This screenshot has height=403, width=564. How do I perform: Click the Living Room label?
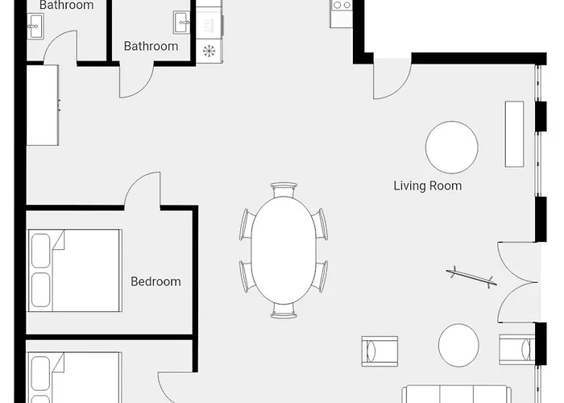pyautogui.click(x=427, y=185)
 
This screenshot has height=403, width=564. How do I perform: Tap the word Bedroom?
pyautogui.click(x=156, y=281)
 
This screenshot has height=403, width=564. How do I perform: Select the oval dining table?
pyautogui.click(x=284, y=251)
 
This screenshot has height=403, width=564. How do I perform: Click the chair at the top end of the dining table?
pyautogui.click(x=284, y=189)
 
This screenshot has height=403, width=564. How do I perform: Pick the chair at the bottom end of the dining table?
pyautogui.click(x=284, y=310)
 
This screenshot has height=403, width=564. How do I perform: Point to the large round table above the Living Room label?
pyautogui.click(x=452, y=147)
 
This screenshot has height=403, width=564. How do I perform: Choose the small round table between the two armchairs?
pyautogui.click(x=458, y=345)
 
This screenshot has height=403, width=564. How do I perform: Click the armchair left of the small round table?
pyautogui.click(x=379, y=351)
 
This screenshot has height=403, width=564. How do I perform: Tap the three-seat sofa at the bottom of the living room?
pyautogui.click(x=457, y=394)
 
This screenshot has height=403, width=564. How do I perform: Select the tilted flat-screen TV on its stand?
pyautogui.click(x=471, y=277)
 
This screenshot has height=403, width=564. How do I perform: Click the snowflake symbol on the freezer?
pyautogui.click(x=209, y=51)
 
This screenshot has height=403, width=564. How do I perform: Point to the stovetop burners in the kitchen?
pyautogui.click(x=342, y=5)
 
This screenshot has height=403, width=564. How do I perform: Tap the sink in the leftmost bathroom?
pyautogui.click(x=35, y=27)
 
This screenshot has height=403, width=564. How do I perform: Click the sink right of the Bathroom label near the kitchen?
pyautogui.click(x=181, y=23)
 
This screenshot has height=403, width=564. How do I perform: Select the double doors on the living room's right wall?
pyautogui.click(x=517, y=282)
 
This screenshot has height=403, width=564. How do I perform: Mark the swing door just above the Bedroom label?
pyautogui.click(x=143, y=191)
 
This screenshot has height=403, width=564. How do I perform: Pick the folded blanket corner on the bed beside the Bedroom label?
pyautogui.click(x=58, y=239)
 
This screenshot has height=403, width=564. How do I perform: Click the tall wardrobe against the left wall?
pyautogui.click(x=43, y=105)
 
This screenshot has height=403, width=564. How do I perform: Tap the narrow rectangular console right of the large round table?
pyautogui.click(x=514, y=135)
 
